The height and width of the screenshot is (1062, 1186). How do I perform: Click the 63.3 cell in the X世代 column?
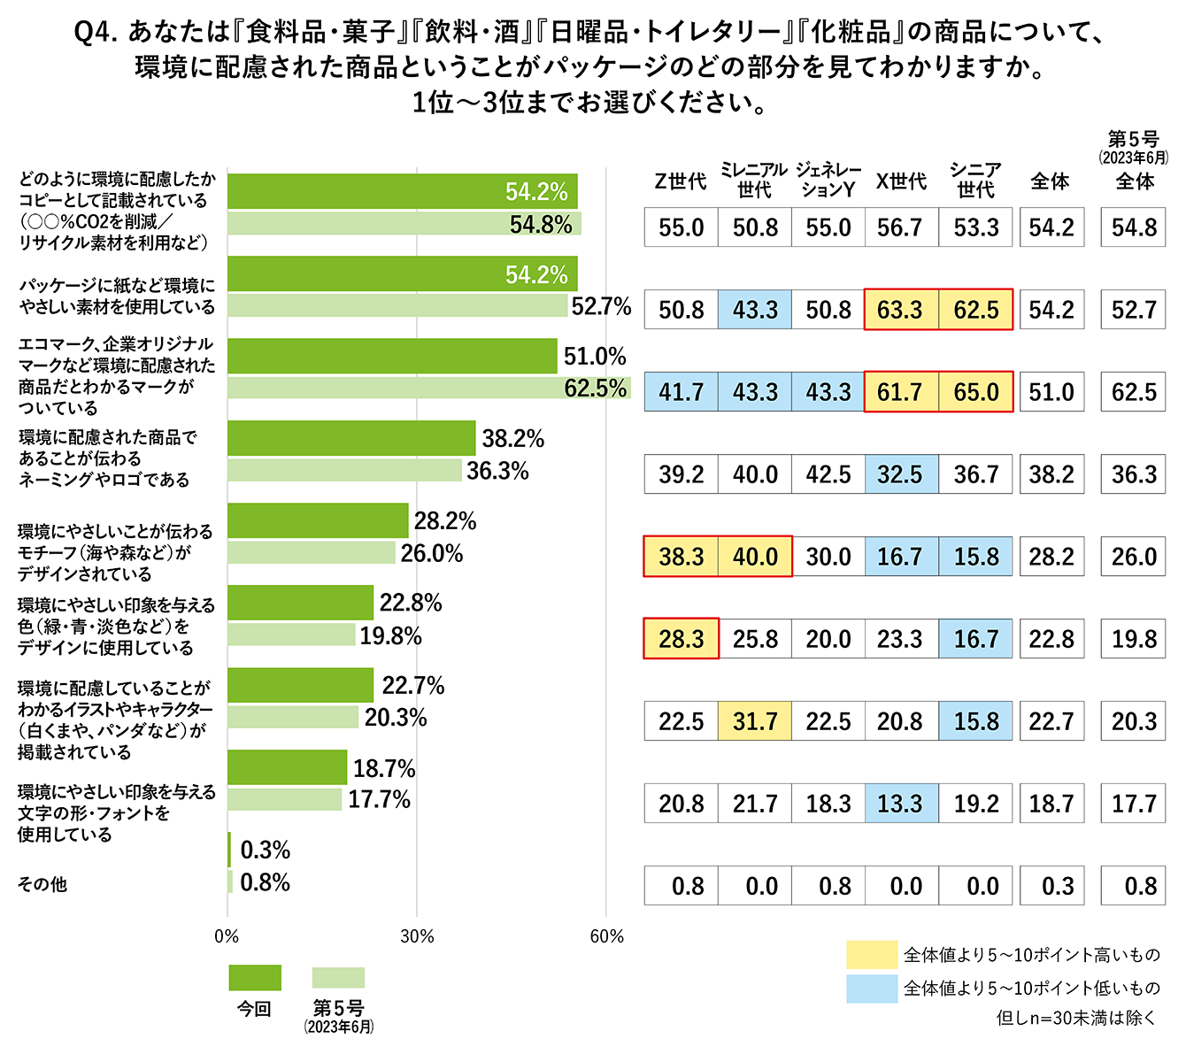(900, 311)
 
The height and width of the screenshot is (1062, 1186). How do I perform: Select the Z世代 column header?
(680, 181)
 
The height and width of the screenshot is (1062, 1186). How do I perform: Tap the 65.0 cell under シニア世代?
(975, 393)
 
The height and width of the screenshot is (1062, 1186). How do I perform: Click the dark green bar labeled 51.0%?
(392, 357)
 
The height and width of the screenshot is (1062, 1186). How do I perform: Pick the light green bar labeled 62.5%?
(428, 389)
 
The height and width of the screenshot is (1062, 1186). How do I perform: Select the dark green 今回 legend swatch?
(255, 978)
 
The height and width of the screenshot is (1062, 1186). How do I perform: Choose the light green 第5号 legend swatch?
(338, 978)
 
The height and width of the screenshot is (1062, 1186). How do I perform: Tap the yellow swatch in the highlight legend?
(872, 955)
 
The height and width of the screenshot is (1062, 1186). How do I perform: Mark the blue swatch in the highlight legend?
(872, 989)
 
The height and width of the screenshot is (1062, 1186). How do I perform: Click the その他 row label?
(42, 884)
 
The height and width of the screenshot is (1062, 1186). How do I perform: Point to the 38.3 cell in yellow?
(681, 558)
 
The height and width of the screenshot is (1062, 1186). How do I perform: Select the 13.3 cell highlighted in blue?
(900, 804)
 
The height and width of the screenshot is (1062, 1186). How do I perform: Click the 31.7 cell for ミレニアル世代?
(754, 722)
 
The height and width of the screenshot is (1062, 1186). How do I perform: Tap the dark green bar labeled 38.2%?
(351, 439)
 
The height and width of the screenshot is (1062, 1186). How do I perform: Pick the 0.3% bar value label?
(266, 850)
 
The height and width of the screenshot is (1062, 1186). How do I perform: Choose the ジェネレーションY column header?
(828, 181)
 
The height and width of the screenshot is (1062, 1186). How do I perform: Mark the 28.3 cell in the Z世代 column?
(681, 640)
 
